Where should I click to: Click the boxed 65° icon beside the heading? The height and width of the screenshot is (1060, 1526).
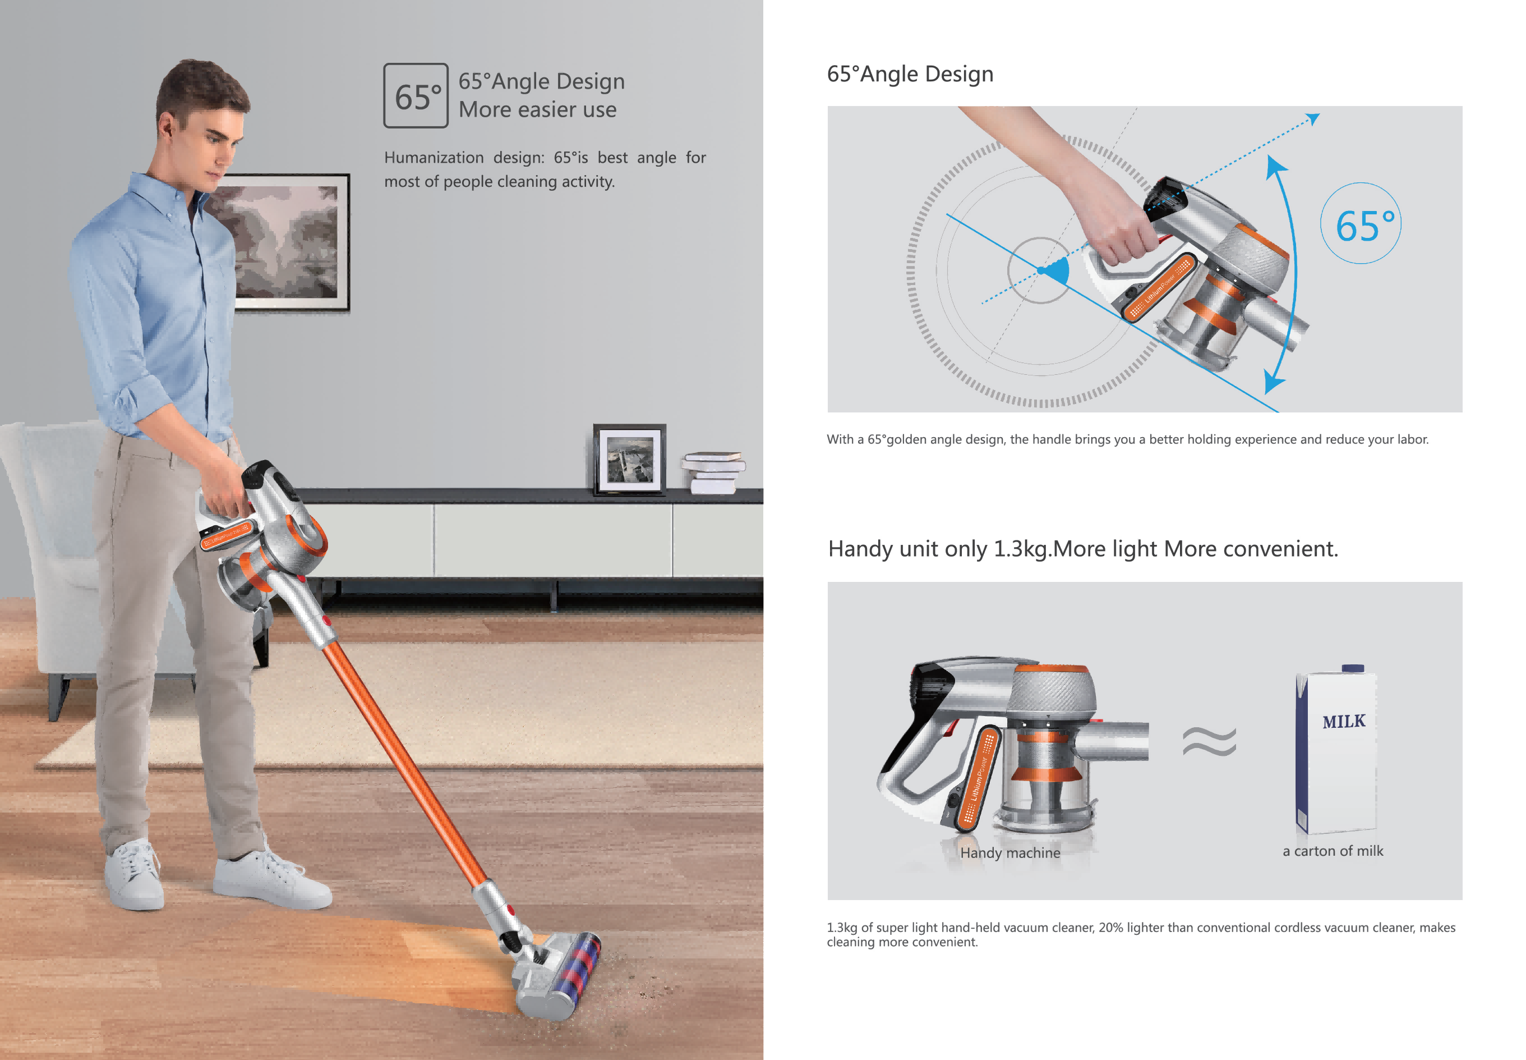point(416,95)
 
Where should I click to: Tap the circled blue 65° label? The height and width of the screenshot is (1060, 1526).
point(1360,224)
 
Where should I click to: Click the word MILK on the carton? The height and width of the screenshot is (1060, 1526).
point(1344,721)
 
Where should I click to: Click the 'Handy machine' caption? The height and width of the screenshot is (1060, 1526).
point(1009,853)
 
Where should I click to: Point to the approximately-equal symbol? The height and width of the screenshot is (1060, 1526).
point(1209,741)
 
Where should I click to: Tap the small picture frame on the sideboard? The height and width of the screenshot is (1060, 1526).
point(629,460)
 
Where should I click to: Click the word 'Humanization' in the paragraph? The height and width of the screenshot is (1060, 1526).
point(434,158)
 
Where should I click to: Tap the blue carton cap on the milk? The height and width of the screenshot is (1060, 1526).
point(1353,668)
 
